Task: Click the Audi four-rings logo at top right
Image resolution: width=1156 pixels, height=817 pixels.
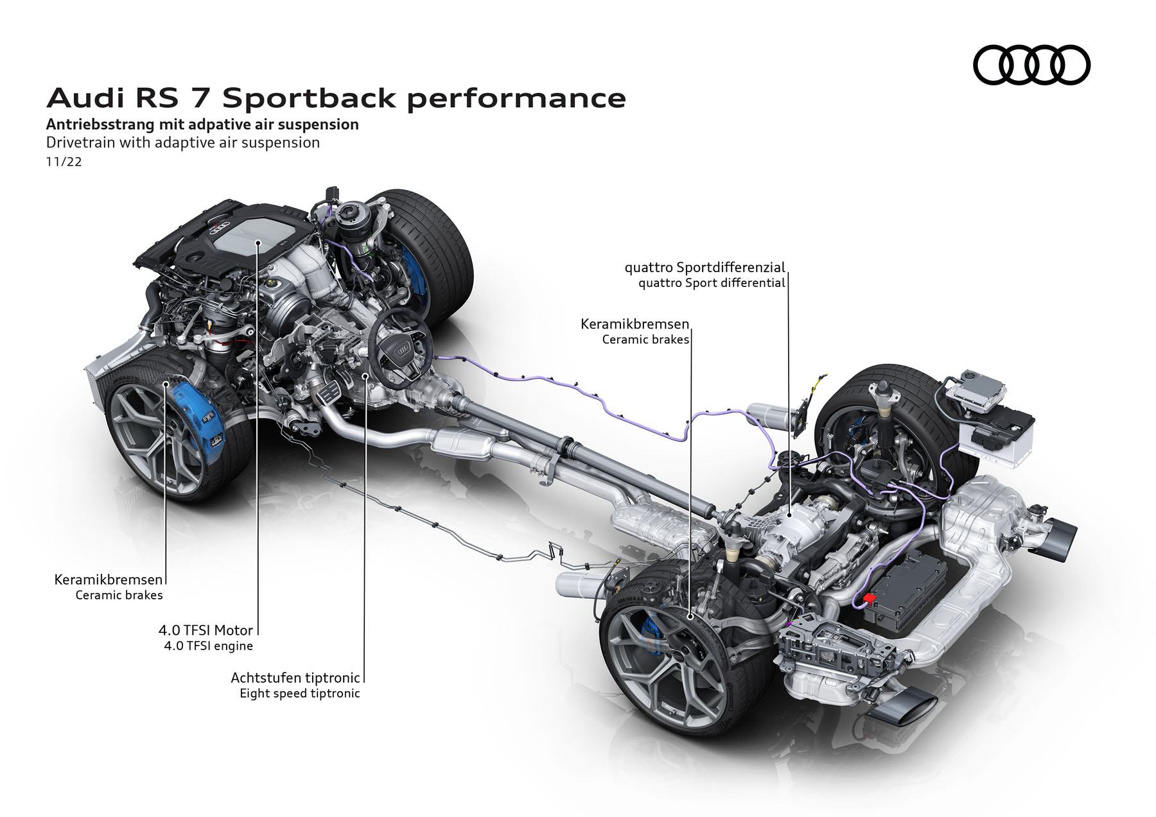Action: point(1031,65)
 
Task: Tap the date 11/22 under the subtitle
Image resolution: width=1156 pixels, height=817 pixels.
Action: point(64,162)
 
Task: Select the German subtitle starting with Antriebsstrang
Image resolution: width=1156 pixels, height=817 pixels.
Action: point(202,124)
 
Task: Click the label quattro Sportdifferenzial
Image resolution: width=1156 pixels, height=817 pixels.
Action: point(705,267)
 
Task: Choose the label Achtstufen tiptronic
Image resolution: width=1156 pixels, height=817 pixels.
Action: point(295,678)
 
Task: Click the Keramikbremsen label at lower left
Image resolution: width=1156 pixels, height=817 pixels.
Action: point(109,580)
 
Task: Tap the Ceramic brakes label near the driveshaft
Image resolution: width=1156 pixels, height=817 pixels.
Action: point(645,340)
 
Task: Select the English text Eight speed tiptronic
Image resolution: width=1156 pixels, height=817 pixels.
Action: point(299,693)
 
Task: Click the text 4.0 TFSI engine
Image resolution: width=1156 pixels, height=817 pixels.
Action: point(208,646)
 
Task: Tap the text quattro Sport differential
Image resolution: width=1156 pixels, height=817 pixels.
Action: point(712,283)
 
